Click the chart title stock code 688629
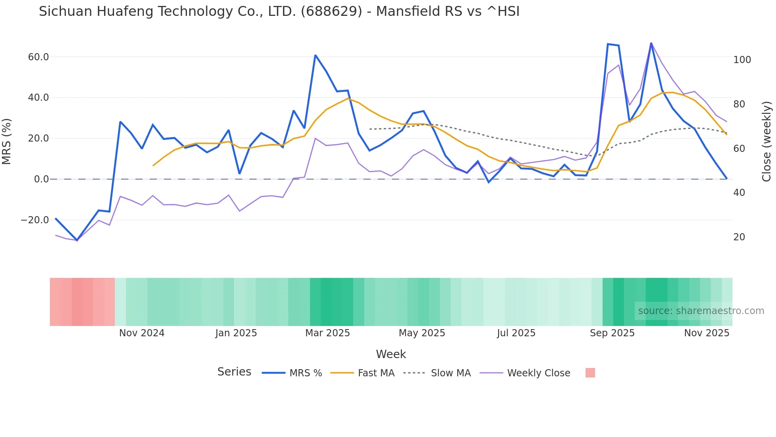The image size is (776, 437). (x=331, y=11)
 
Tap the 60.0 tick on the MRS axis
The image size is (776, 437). (x=38, y=57)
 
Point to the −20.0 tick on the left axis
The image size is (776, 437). (x=35, y=220)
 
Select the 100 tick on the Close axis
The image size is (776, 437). (x=742, y=60)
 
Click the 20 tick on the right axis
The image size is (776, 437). (x=739, y=237)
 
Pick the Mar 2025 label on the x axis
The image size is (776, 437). (x=327, y=333)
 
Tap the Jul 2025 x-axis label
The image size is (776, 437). (x=516, y=333)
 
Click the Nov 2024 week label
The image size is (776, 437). (x=142, y=333)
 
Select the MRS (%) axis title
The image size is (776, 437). (x=7, y=141)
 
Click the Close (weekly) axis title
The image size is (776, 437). (x=766, y=141)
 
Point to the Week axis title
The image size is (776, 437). (x=391, y=354)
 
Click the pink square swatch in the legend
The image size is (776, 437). (x=590, y=373)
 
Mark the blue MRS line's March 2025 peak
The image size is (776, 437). (x=315, y=55)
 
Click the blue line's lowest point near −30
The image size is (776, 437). (x=77, y=240)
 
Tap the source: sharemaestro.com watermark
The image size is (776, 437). (x=701, y=311)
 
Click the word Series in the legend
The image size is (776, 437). (x=234, y=372)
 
